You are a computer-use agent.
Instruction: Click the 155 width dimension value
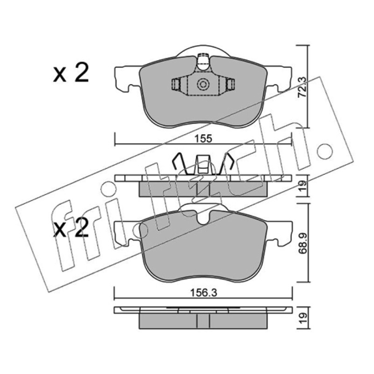coord(203,138)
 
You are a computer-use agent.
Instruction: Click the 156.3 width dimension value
coord(203,293)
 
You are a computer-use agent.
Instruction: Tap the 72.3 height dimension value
coord(302,87)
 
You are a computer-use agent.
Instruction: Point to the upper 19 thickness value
coord(302,187)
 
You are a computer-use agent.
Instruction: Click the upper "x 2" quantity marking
coord(71,72)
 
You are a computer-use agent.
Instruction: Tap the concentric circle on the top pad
coord(203,84)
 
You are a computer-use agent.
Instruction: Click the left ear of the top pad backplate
coord(126,79)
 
